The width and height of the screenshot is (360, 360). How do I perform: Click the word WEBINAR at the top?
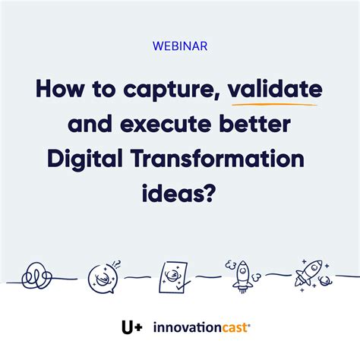(x=179, y=46)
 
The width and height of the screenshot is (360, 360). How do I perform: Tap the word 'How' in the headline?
(x=61, y=89)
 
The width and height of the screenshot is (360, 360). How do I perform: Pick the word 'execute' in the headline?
(x=161, y=124)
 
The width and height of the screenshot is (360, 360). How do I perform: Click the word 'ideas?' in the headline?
(x=180, y=193)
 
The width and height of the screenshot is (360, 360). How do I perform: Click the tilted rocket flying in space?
(x=311, y=272)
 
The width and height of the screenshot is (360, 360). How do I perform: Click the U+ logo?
(x=131, y=328)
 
